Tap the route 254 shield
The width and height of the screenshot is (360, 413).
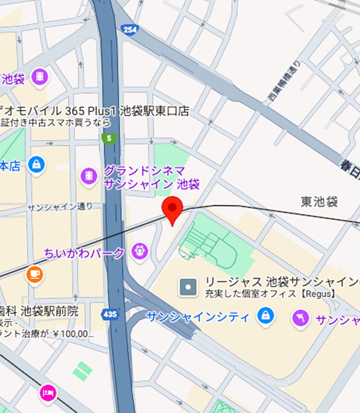(x=129, y=30)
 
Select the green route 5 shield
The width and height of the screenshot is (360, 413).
(x=109, y=138)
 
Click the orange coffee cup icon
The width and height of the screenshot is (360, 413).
(x=35, y=275)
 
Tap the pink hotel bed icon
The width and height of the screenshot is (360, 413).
(x=48, y=393)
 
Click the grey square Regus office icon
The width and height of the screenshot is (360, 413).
(x=188, y=287)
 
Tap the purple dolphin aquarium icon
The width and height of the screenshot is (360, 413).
(x=300, y=318)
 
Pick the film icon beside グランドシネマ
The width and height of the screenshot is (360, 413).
(x=89, y=176)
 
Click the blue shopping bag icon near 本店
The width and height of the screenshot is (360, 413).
(x=37, y=164)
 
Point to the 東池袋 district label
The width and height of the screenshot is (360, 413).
(x=319, y=202)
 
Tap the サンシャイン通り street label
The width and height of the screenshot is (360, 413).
(x=60, y=207)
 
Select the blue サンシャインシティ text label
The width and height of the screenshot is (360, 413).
(x=198, y=317)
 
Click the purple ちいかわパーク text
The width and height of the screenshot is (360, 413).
(x=84, y=253)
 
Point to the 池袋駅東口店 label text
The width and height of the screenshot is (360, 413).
(x=154, y=111)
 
